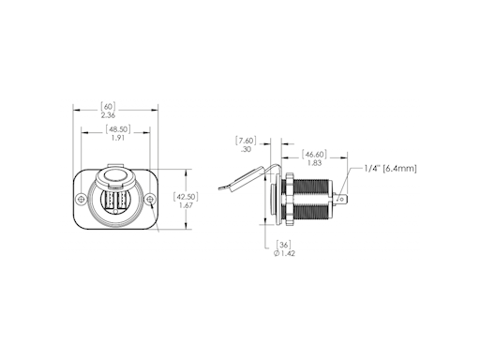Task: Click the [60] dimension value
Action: tap(108, 106)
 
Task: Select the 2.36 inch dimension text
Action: tap(108, 115)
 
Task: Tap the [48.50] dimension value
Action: tap(118, 129)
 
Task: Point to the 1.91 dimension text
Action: tap(118, 138)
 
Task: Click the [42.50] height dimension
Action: tap(186, 197)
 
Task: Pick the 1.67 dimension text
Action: tap(186, 205)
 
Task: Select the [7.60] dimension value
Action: tap(246, 141)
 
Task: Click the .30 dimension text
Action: tap(246, 149)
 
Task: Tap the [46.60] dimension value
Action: tap(314, 155)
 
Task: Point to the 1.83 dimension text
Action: tap(314, 163)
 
